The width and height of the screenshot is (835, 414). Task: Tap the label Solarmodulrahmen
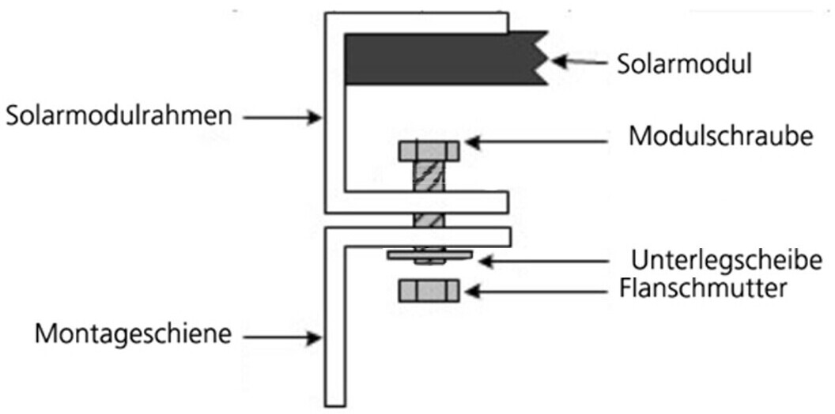(118, 116)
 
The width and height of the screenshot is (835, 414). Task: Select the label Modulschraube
(721, 135)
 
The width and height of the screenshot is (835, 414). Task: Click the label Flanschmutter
(703, 288)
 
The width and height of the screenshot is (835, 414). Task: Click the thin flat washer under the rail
(429, 254)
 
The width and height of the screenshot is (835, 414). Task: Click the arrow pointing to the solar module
(580, 61)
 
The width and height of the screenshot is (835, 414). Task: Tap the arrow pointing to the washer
(546, 259)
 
